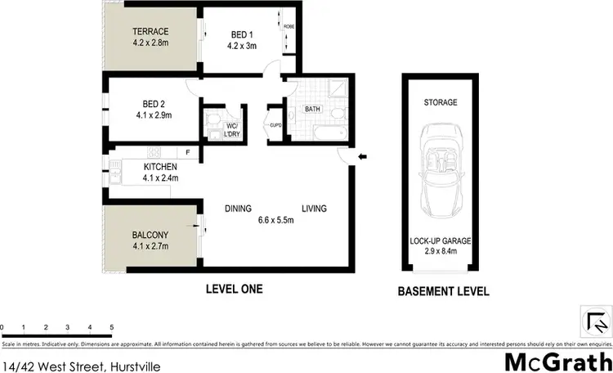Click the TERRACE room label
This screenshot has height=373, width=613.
[150, 32]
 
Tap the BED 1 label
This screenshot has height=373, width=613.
[242, 34]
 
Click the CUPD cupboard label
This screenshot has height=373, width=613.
[275, 126]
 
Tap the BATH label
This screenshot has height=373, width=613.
[312, 108]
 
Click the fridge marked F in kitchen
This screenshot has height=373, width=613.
[187, 153]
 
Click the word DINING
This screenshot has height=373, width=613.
[238, 209]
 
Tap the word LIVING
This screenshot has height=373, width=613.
[313, 209]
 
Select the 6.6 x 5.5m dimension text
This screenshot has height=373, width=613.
[276, 220]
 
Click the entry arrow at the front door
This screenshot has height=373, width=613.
[363, 157]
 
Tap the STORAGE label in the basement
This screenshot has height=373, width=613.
[440, 102]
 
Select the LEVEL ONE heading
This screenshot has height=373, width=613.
[234, 289]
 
